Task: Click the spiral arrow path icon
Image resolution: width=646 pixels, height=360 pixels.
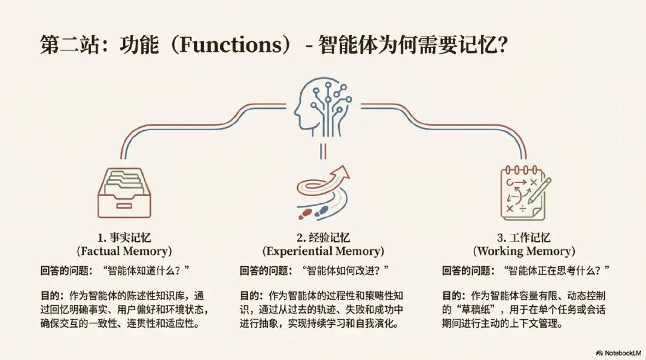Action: click(323, 191)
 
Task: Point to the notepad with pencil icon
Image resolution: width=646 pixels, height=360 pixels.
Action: click(525, 191)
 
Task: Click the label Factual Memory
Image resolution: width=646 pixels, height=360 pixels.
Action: click(124, 251)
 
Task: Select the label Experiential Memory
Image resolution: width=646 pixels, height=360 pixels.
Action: click(323, 251)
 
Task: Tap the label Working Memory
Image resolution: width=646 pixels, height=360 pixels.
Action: click(524, 251)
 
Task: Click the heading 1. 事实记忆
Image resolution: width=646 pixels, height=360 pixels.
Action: click(124, 237)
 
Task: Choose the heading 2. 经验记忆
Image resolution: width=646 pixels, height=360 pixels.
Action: click(323, 237)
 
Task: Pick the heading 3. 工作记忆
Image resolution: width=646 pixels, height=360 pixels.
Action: click(524, 237)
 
